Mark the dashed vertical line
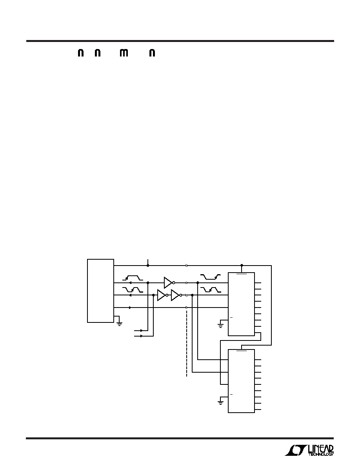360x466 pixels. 187,344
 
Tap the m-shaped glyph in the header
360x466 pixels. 124,53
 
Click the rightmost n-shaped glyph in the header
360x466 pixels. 152,53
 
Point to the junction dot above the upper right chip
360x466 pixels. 242,265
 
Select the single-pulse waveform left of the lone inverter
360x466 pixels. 133,278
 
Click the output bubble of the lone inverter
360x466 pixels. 174,283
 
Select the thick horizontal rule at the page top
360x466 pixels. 180,41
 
